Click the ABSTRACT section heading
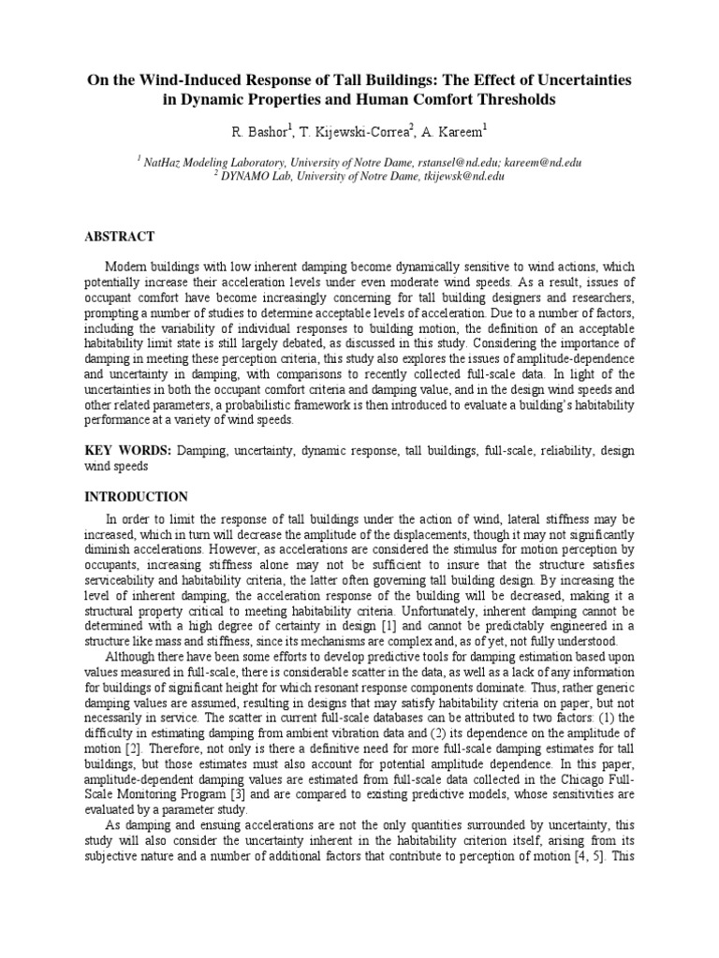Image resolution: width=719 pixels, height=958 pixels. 119,237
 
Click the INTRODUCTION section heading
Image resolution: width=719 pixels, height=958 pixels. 136,497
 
